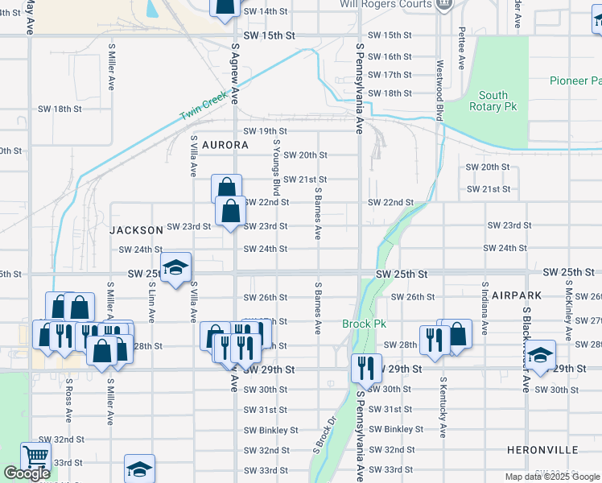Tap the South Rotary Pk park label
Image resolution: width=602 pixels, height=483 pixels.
coord(493,101)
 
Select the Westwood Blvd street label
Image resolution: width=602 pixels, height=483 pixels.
coord(439,89)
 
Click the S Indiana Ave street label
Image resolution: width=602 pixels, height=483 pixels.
coord(484,309)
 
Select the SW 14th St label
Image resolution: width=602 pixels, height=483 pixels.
coord(265,11)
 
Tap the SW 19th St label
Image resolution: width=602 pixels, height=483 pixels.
coord(265,131)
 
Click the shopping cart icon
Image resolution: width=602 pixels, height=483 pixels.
coord(35,456)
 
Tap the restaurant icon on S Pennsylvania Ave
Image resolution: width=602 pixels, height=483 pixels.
coord(366,368)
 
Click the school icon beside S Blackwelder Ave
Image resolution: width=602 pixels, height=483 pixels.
coord(541,355)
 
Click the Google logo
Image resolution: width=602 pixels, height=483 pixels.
coord(27,473)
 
